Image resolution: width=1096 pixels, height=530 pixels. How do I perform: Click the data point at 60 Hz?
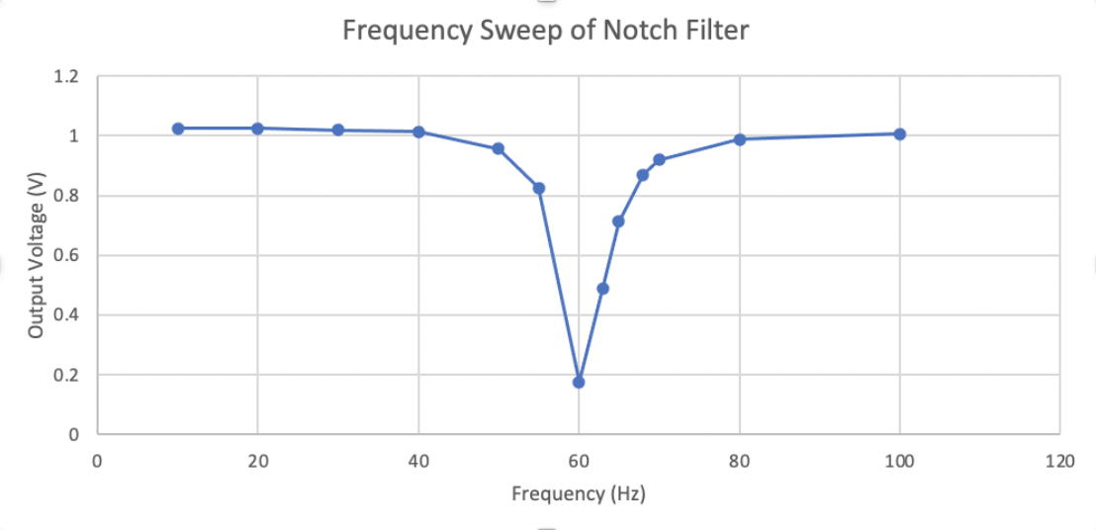579,382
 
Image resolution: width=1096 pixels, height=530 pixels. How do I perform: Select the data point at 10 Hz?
178,129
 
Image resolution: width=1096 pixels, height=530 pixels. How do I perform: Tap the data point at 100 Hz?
900,133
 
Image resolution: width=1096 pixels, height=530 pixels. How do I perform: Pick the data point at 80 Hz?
739,139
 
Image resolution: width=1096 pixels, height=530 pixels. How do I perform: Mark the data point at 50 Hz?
499,148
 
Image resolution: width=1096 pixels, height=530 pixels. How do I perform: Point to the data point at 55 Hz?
539,188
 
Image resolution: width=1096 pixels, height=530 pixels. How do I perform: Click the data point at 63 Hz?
602,289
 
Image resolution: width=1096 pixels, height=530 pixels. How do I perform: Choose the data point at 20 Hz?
257,129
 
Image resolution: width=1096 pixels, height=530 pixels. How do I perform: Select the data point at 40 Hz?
418,132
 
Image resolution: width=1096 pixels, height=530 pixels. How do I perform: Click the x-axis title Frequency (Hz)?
578,493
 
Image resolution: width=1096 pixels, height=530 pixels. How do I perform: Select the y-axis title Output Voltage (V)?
37,255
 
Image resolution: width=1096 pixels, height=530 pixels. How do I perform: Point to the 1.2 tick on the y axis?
68,76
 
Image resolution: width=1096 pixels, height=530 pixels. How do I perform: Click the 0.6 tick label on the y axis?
68,255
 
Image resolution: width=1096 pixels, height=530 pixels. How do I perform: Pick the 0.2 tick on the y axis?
68,375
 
